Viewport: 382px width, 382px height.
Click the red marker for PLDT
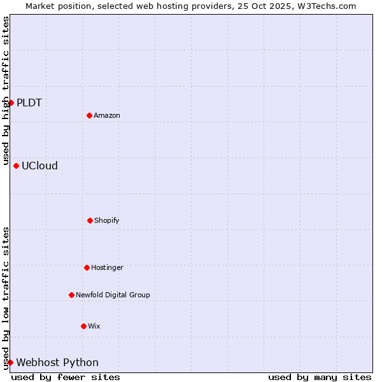tap(11, 103)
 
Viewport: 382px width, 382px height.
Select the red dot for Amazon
tap(89, 115)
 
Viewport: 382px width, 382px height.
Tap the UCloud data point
tap(16, 166)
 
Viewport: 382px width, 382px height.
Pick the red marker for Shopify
tap(90, 220)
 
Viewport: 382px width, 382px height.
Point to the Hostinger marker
tap(87, 267)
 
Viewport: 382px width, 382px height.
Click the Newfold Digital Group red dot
tap(71, 295)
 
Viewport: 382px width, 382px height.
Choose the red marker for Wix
tap(83, 326)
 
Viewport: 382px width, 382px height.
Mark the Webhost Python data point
tap(10, 362)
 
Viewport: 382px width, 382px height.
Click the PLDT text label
tap(29, 103)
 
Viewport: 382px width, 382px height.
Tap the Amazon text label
tap(107, 115)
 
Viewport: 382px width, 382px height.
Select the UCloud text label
tap(39, 166)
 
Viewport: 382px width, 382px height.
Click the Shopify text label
tap(107, 220)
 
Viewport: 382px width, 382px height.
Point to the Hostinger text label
tap(107, 267)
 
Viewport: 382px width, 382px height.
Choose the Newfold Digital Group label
tap(113, 295)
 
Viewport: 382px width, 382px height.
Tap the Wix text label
tap(94, 326)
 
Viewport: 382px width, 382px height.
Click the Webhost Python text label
tap(57, 362)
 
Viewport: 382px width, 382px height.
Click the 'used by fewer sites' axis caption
tap(66, 377)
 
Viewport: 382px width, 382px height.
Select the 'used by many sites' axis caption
tap(320, 377)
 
